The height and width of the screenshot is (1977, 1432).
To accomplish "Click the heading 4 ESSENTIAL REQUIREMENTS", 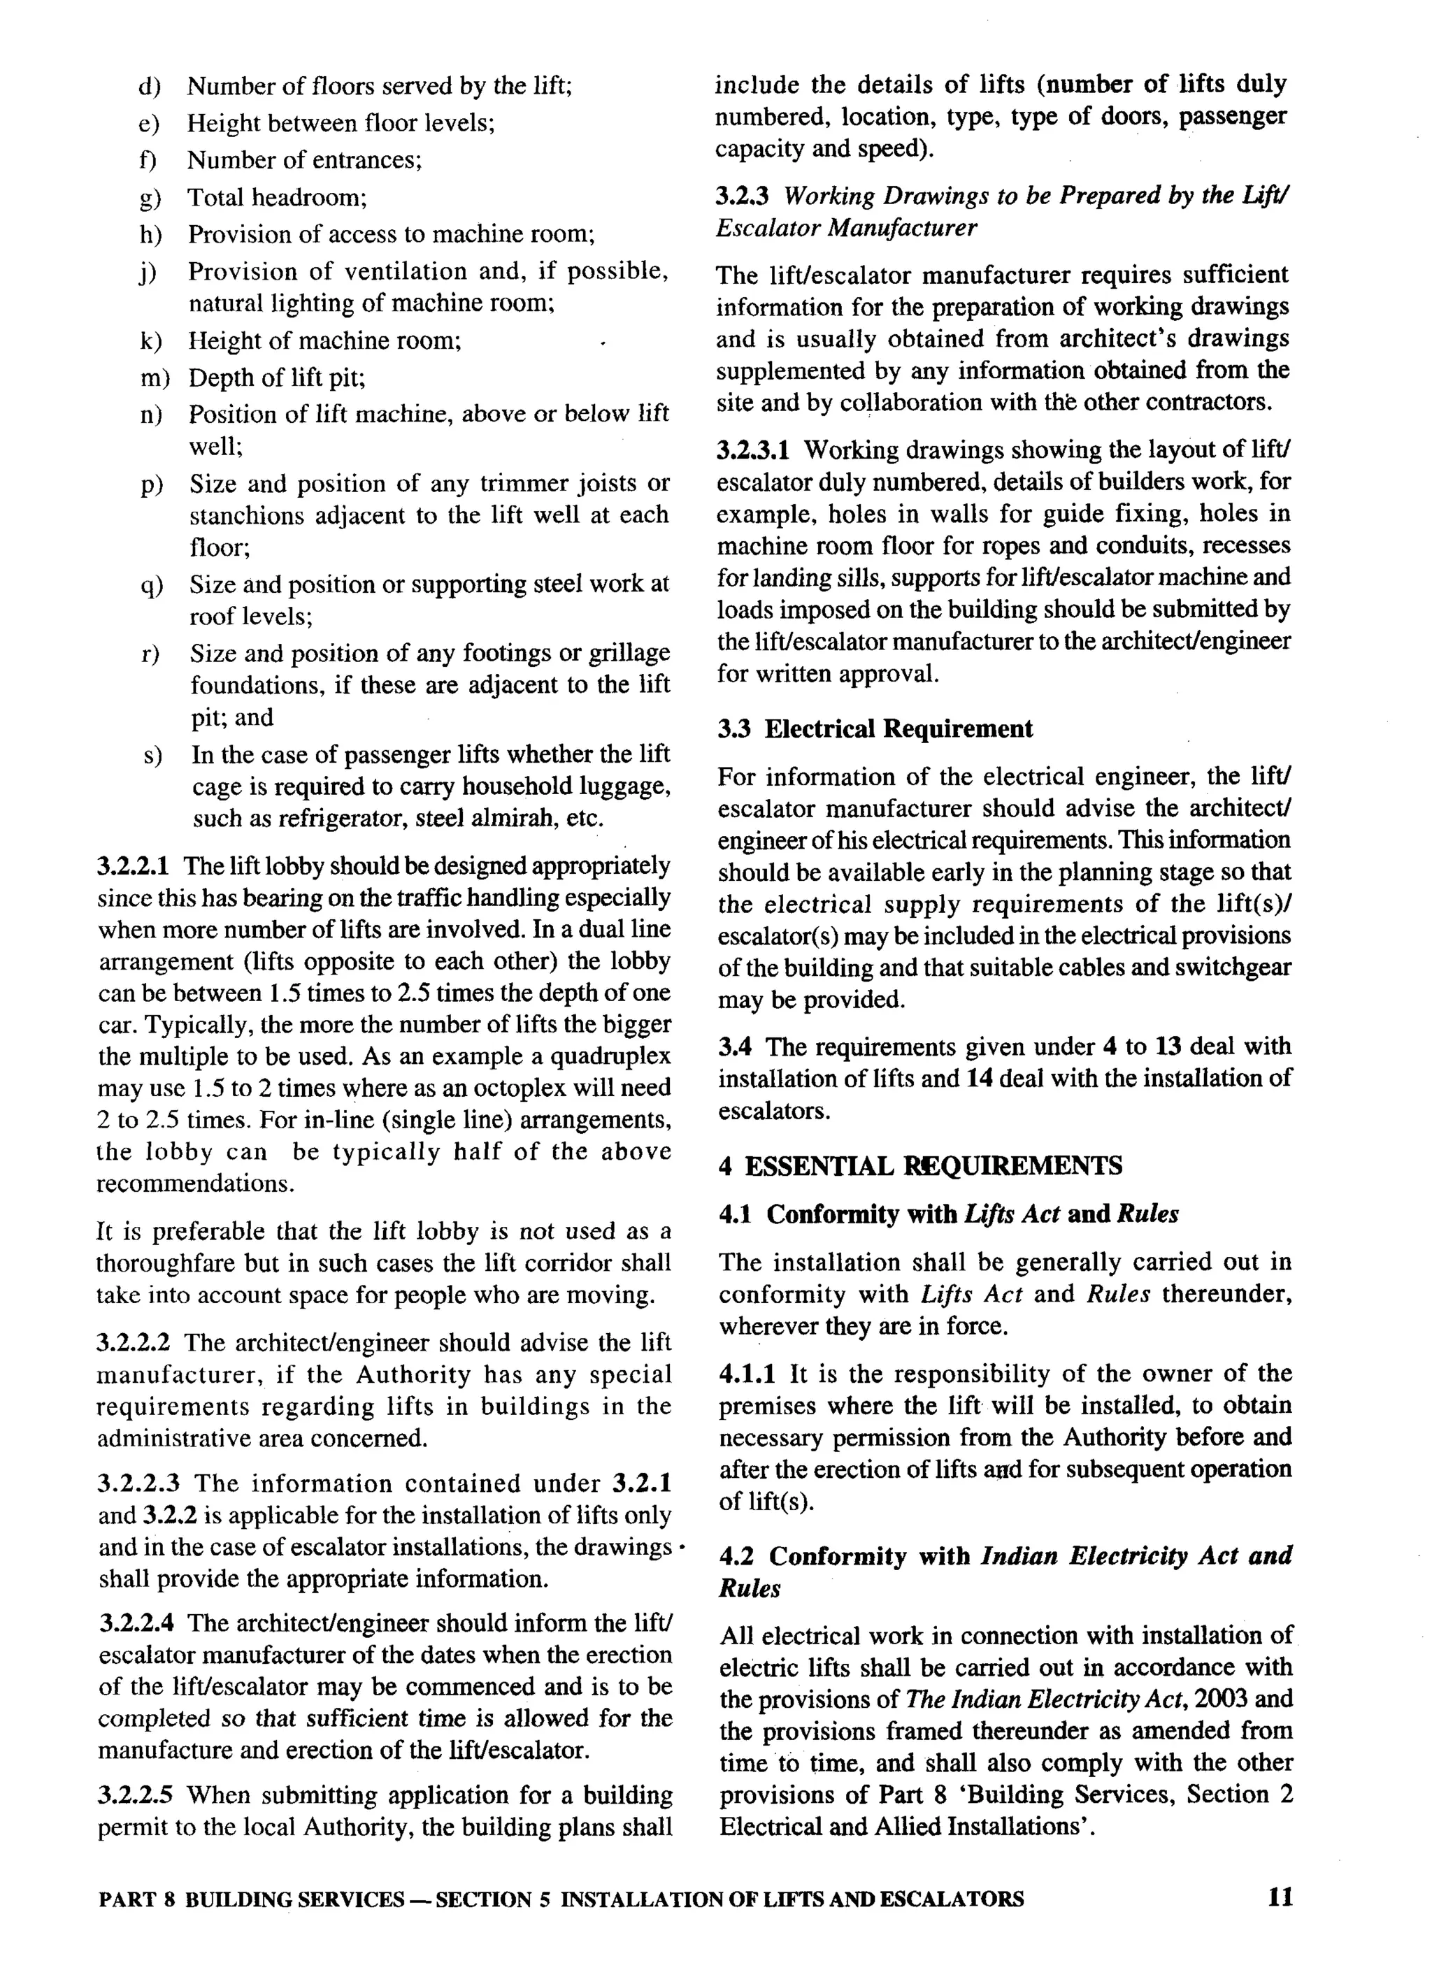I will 920,1165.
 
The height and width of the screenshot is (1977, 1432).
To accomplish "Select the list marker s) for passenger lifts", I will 152,755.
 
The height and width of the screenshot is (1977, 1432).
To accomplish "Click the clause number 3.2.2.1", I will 135,866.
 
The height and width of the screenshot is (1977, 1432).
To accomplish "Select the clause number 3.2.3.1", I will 754,451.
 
